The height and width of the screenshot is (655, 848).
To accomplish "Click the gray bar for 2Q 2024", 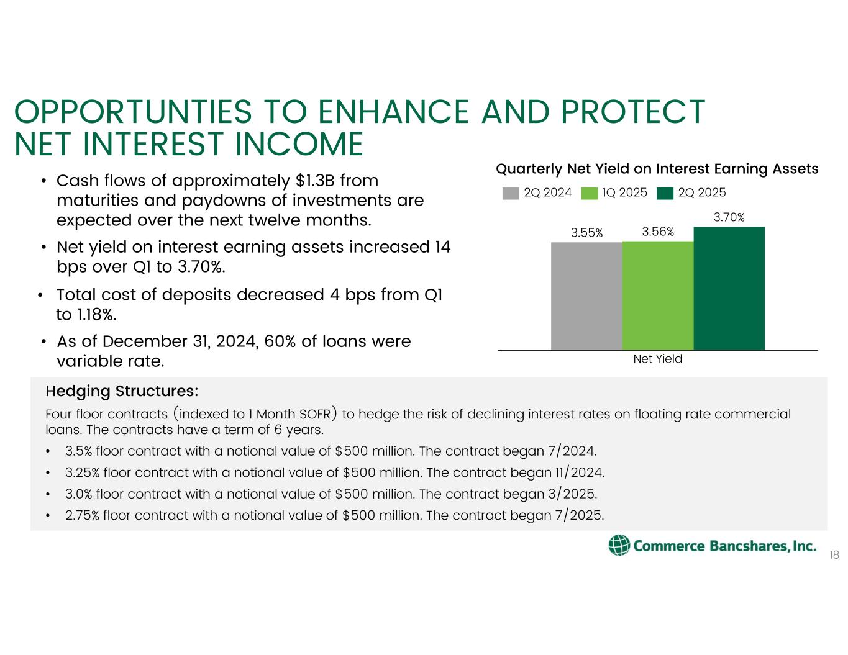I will click(586, 296).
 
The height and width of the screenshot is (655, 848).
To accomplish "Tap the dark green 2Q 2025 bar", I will click(729, 289).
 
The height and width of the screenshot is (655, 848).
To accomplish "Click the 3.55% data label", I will click(587, 233).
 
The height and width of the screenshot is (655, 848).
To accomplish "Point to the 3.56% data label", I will click(658, 232).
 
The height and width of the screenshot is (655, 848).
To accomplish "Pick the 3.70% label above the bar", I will click(729, 217).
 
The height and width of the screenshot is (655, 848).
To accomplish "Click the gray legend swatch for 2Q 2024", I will click(510, 193).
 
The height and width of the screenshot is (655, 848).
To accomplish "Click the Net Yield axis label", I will click(657, 359).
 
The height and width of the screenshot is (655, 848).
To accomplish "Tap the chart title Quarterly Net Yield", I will click(657, 169).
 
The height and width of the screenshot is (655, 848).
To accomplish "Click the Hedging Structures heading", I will click(122, 392).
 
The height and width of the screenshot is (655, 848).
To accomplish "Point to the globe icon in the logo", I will click(619, 545).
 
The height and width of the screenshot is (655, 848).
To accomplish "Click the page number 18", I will click(834, 555).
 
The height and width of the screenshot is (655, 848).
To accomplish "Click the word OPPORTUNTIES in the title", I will click(133, 112).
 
